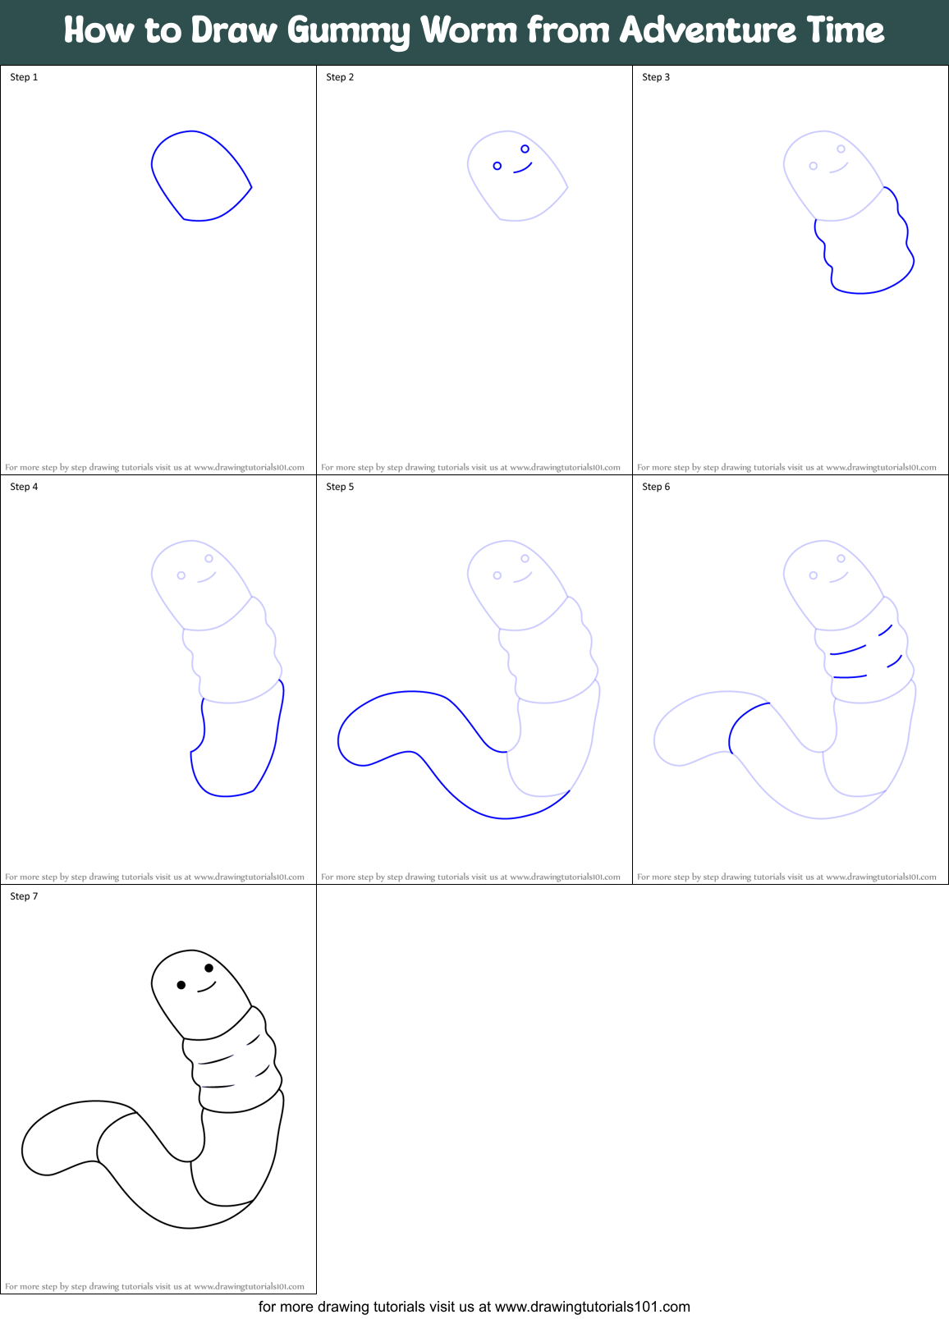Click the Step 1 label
24,77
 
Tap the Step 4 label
24,487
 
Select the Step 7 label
24,896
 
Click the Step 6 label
656,487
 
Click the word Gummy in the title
348,31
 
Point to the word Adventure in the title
707,30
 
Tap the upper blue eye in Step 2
525,149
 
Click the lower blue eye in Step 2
497,166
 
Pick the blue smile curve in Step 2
523,169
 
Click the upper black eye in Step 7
209,968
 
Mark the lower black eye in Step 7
181,985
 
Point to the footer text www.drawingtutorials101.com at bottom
592,1307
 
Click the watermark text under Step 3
786,467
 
